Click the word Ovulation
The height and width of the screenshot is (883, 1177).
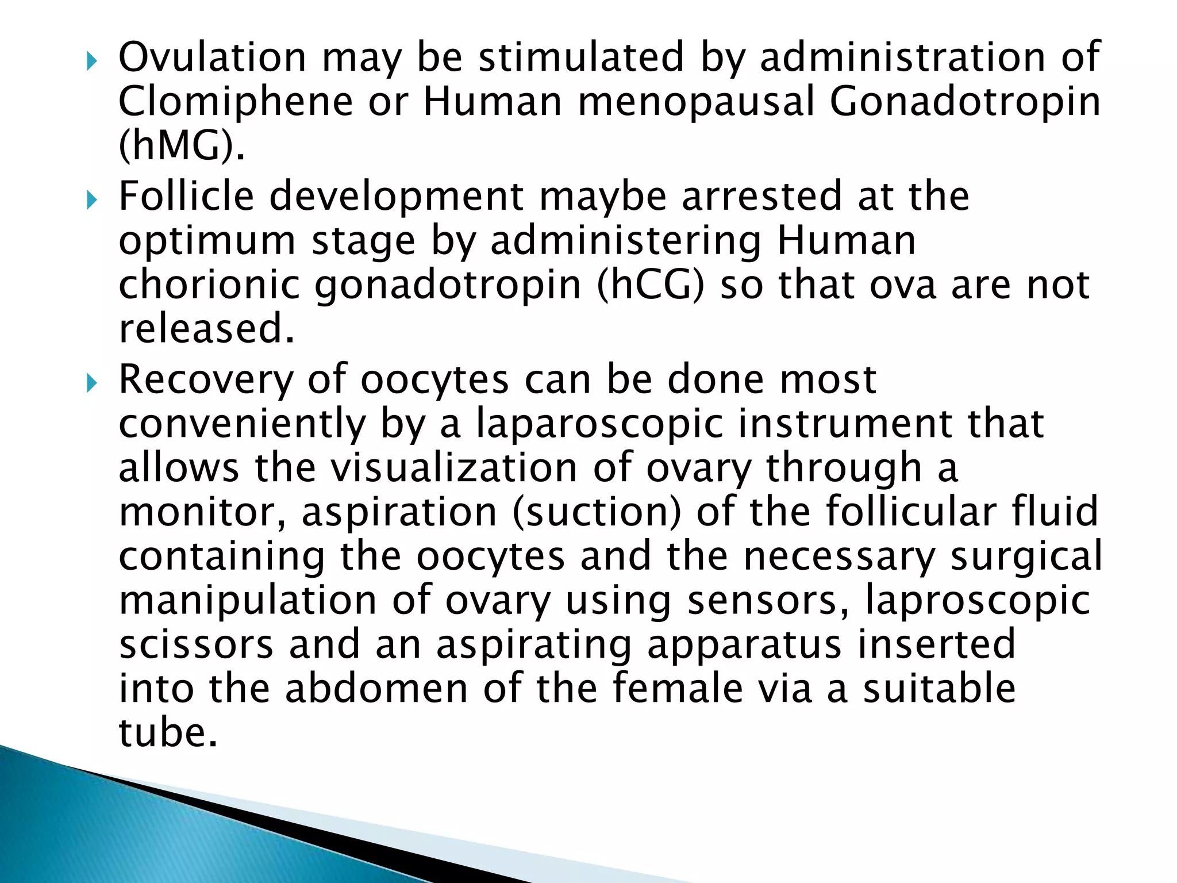[212, 57]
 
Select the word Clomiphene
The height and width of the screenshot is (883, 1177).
[236, 102]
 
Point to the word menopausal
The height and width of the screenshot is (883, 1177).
[696, 102]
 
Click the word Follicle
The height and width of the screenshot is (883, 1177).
[186, 197]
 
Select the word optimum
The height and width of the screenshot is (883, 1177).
[207, 242]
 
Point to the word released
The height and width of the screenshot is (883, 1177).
[206, 329]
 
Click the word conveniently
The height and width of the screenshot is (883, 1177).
[242, 424]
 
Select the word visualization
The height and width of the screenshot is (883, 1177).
[454, 467]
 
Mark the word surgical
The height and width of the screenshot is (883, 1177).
[1026, 556]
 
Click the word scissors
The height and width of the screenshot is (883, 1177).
[196, 644]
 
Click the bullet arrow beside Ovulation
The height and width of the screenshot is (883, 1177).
[91, 60]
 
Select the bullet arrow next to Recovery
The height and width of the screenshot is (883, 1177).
[91, 383]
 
